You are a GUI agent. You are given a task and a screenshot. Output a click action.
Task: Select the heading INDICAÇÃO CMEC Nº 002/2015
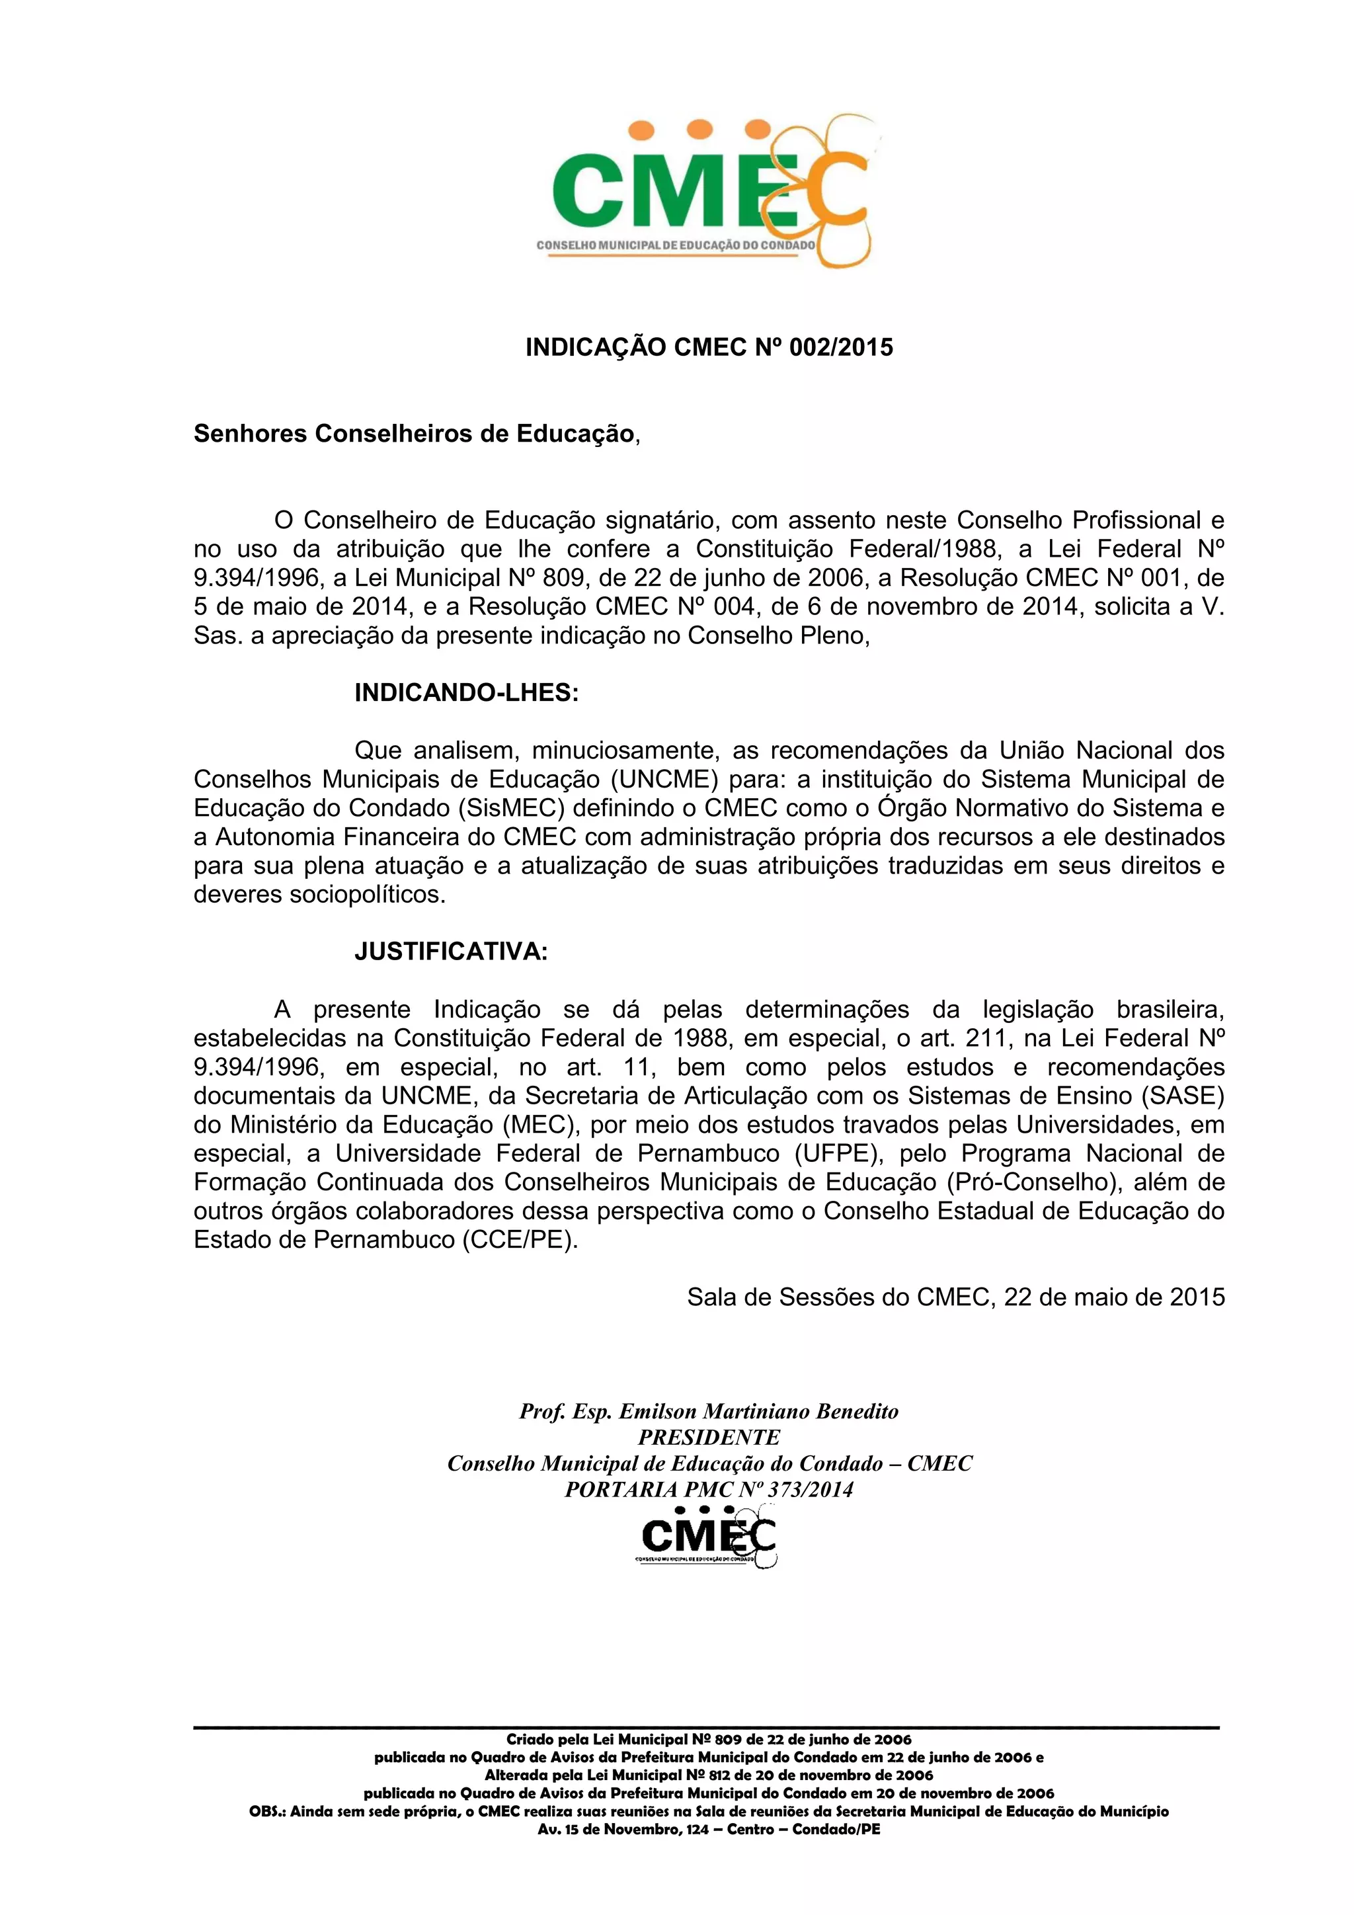point(709,347)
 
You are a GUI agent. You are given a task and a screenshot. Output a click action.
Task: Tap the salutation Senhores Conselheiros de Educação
point(413,434)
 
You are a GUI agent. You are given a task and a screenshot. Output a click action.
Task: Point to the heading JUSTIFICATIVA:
point(451,952)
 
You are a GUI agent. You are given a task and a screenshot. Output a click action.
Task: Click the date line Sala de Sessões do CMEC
point(955,1297)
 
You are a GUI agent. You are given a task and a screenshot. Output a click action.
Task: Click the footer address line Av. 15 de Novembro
point(709,1830)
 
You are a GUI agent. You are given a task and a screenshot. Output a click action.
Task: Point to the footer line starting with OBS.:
point(709,1812)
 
